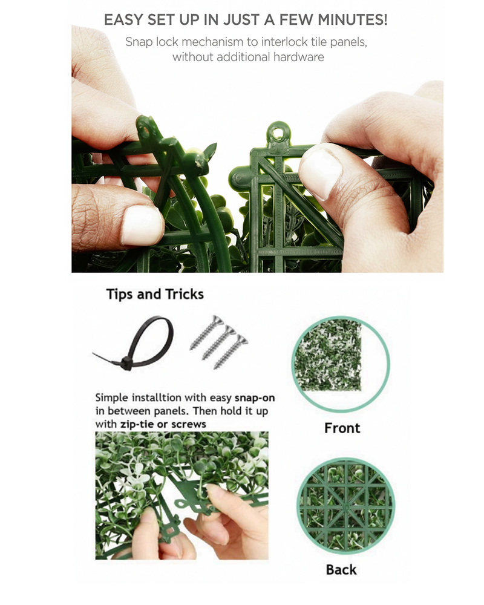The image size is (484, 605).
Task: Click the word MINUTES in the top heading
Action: point(352,19)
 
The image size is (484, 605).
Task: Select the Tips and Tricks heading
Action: point(155,294)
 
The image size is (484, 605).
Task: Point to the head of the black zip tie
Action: point(126,363)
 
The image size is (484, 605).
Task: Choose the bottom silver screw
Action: point(231,352)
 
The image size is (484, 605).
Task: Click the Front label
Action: point(342,428)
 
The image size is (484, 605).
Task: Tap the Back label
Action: point(341,569)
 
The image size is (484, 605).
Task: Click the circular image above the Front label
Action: point(341,364)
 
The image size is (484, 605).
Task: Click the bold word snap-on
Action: point(255,398)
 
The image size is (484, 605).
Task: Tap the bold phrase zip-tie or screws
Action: point(163,424)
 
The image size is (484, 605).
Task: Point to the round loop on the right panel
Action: point(277,134)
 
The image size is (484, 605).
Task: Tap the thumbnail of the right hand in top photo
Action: point(321,174)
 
